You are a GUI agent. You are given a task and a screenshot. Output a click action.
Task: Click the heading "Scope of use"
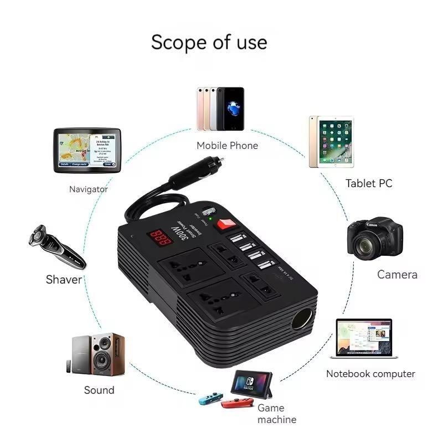[x=209, y=42]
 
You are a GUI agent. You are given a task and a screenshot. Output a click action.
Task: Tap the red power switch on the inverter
[x=224, y=224]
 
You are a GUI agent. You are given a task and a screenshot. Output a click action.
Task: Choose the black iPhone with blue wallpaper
[x=230, y=109]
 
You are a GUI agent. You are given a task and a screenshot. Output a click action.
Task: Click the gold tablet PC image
[x=331, y=142]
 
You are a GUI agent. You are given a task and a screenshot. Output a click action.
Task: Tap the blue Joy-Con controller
[x=211, y=398]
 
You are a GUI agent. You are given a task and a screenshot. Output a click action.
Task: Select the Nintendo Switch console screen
[x=252, y=382]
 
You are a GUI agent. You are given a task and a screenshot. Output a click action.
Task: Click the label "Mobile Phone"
[x=227, y=146]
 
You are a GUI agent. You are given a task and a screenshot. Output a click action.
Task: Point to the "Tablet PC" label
[x=368, y=183]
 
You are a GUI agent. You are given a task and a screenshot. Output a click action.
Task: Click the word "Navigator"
[x=88, y=189]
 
